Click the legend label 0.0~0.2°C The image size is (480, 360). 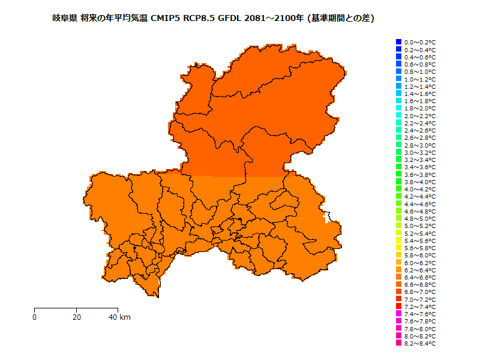point(419,43)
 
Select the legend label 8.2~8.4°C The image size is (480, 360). point(419,344)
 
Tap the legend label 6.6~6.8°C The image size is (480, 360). point(419,284)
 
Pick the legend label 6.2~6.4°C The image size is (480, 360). point(419,270)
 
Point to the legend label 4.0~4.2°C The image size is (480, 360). point(419,189)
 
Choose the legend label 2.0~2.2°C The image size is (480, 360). point(419,116)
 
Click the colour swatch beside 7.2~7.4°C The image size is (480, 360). point(398,307)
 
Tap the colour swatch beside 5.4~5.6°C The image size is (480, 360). point(398,241)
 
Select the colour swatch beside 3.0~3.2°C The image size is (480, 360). point(398,152)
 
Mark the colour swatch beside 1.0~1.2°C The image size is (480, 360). point(398,79)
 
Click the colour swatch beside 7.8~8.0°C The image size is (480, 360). point(398,329)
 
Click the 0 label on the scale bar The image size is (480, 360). point(35,317)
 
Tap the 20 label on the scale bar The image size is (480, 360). point(77,317)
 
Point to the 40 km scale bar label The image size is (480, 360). point(119,317)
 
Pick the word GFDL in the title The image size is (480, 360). point(231,19)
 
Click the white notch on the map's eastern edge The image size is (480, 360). point(327,217)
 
